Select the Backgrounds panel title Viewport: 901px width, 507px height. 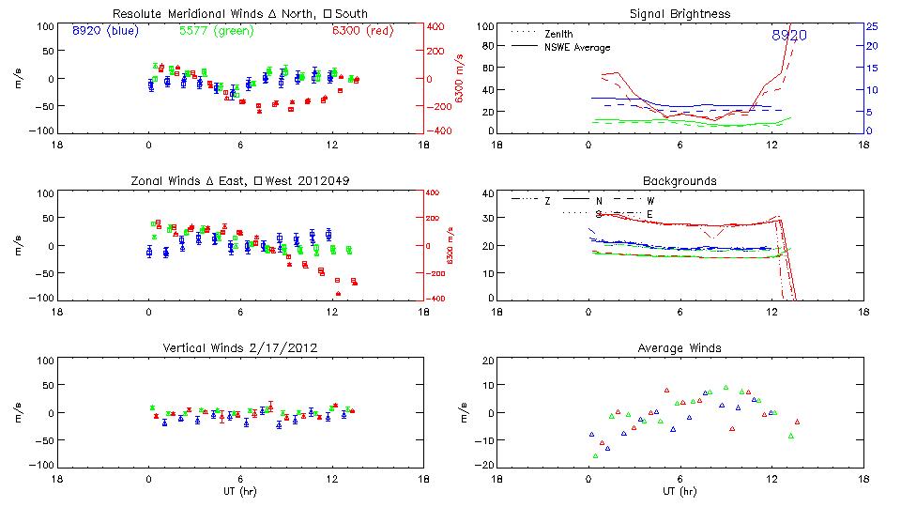tap(680, 180)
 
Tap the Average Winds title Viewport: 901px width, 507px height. tap(680, 348)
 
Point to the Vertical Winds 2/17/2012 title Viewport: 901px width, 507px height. tap(239, 348)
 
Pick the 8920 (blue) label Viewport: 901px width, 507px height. tap(104, 30)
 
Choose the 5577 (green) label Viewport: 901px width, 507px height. tap(215, 30)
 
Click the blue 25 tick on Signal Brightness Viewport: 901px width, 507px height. tap(871, 26)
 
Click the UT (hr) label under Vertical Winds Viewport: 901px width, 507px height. tap(239, 491)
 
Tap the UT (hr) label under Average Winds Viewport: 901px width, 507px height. tap(680, 491)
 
